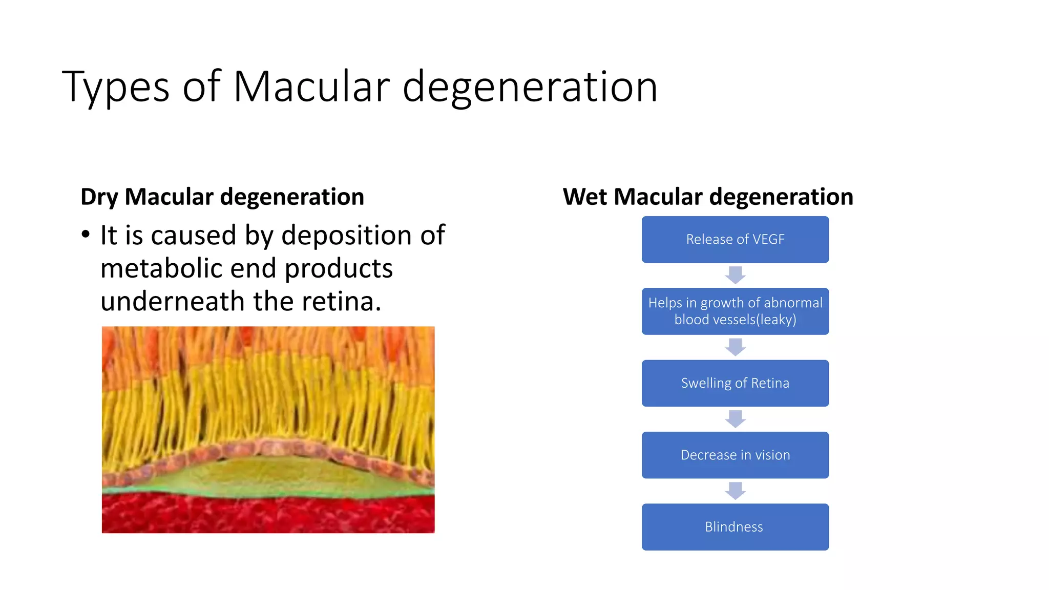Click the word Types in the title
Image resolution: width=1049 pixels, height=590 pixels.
pos(115,87)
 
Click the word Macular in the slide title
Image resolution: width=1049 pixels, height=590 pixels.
pos(311,87)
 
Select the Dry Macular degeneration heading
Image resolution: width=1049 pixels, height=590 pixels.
pos(222,197)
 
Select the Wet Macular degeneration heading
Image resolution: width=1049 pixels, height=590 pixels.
pos(708,197)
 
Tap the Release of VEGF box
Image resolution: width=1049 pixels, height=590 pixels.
pos(735,240)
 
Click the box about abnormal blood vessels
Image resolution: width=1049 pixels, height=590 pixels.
pos(735,311)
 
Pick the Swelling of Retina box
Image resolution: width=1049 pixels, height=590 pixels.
pos(735,383)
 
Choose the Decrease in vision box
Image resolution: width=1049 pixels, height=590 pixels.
pos(735,455)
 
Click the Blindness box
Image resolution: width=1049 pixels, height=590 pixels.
pos(735,527)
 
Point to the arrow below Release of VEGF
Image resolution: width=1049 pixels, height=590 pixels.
pos(735,275)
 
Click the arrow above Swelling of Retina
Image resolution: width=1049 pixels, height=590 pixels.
pos(735,347)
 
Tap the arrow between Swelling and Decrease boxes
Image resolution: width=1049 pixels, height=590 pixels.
pos(735,419)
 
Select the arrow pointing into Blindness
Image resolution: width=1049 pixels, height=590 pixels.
pos(735,491)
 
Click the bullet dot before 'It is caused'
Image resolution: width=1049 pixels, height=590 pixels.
pos(86,235)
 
